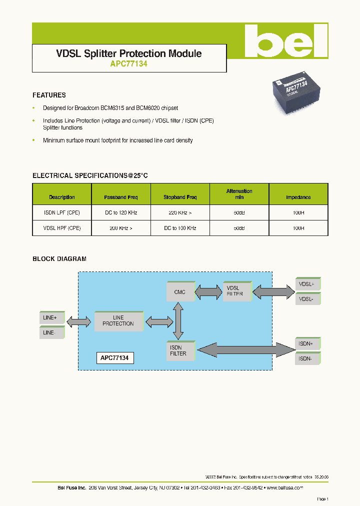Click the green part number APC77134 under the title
click(128, 64)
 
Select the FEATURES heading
click(49, 95)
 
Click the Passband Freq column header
click(120, 197)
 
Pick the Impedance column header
click(298, 197)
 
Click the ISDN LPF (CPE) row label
click(62, 212)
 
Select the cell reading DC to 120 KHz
click(120, 212)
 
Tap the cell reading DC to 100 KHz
click(180, 228)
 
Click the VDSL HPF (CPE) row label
click(62, 228)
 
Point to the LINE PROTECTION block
click(118, 320)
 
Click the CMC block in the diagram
click(180, 291)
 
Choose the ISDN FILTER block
click(180, 350)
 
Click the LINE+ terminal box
click(51, 317)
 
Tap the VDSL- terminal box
click(307, 299)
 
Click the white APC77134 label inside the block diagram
click(115, 358)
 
